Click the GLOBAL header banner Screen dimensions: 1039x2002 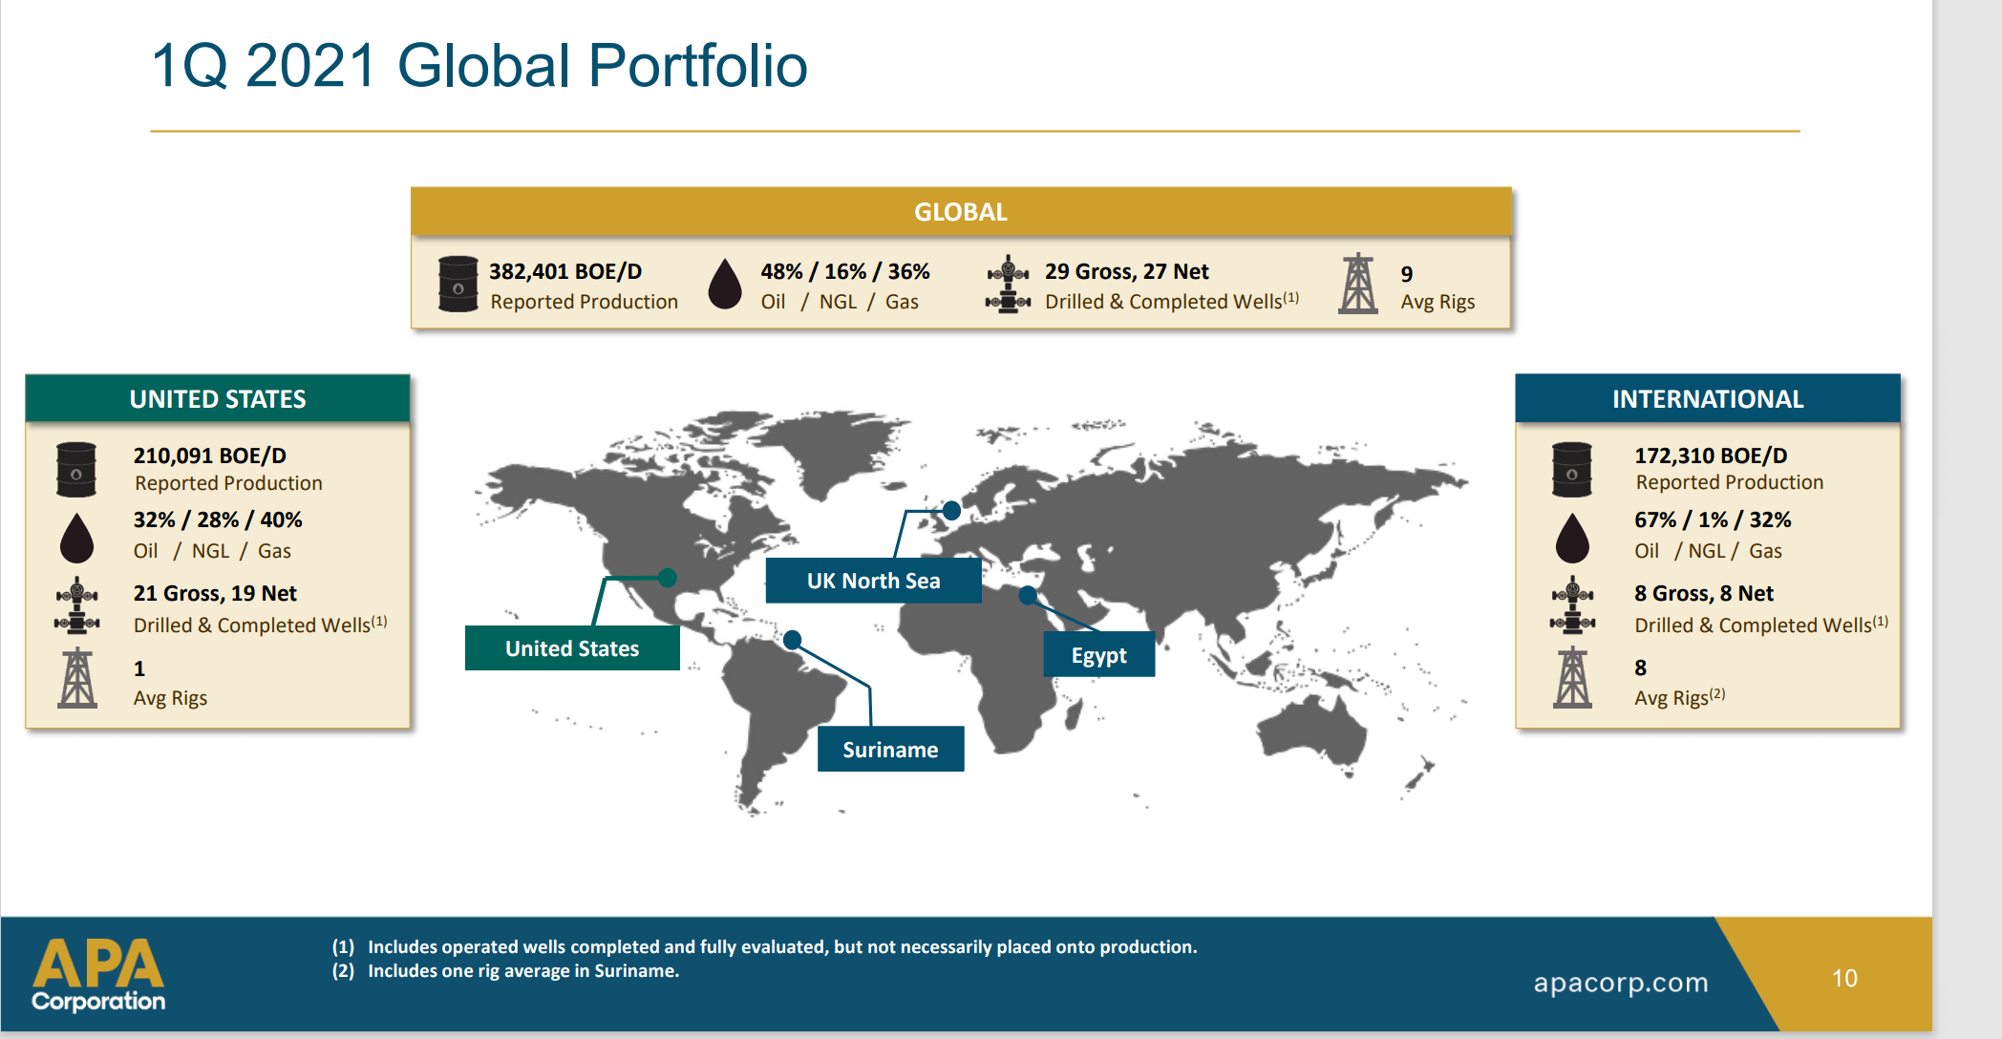[961, 212]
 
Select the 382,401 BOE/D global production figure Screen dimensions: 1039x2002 [565, 272]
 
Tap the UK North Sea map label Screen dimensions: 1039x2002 [873, 581]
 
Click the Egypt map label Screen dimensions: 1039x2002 [1098, 655]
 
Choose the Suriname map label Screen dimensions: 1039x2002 [890, 750]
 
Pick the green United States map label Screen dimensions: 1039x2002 [572, 648]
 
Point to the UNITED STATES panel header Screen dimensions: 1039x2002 [218, 399]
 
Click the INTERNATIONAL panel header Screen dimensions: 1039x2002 [1708, 399]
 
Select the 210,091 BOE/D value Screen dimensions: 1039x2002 [210, 456]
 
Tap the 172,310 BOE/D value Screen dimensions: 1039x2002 [1711, 456]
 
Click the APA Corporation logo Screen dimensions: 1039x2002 [98, 974]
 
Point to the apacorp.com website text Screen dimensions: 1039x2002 [1621, 983]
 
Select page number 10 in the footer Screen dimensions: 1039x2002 [1844, 979]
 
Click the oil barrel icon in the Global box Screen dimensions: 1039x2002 [458, 284]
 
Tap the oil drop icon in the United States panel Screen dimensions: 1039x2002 [77, 538]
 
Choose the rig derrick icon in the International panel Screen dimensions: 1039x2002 [1572, 678]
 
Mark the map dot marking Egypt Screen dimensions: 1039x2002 [1028, 596]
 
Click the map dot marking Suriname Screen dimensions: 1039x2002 [793, 640]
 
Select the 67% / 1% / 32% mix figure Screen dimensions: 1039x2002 [1713, 520]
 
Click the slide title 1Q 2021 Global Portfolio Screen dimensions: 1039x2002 [479, 66]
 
